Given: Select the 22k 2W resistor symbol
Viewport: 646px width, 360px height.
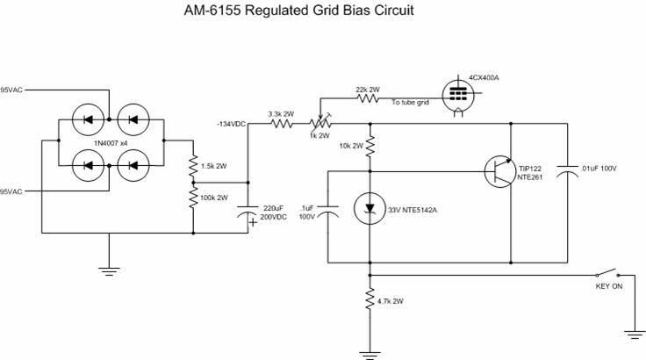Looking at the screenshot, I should pos(368,101).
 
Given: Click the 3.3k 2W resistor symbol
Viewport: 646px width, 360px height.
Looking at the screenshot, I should pos(281,124).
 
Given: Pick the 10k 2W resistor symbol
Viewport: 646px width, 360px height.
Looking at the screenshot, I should pos(370,145).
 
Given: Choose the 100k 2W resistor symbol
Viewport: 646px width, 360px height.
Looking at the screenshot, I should pos(192,197).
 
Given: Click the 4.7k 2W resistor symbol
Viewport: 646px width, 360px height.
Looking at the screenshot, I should pos(370,301).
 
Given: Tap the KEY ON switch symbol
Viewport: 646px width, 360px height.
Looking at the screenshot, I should pos(607,272).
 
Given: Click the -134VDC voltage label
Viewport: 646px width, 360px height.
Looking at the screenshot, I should pos(231,124).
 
